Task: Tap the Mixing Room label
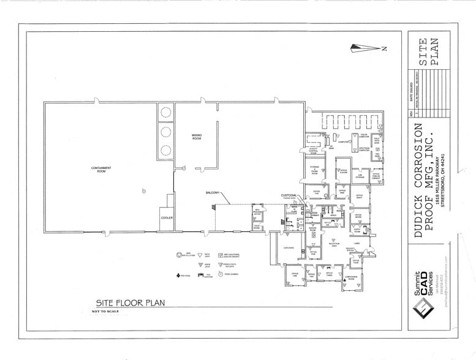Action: click(x=197, y=136)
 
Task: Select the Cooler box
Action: click(x=167, y=217)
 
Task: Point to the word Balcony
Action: click(x=213, y=193)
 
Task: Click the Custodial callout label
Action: click(x=288, y=195)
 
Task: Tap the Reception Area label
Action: click(x=334, y=244)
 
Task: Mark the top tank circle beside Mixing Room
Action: click(x=165, y=111)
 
